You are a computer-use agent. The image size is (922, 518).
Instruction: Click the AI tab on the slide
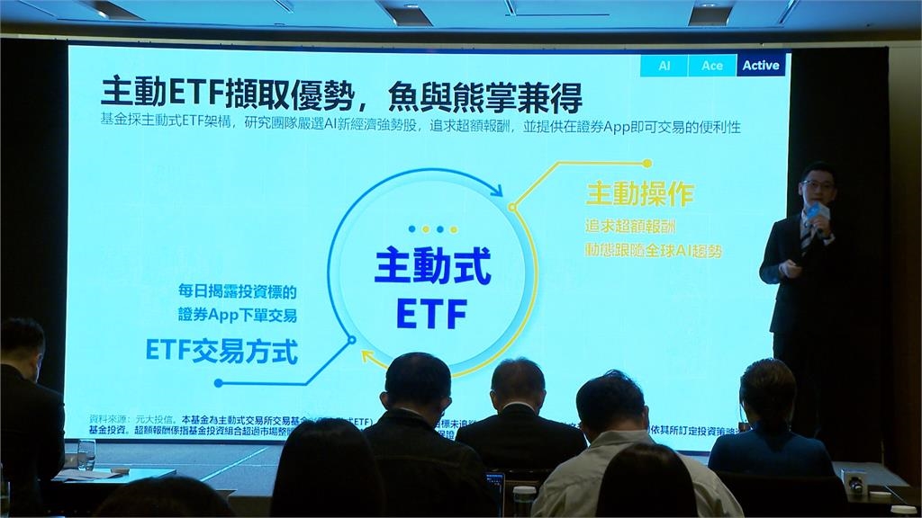coord(664,66)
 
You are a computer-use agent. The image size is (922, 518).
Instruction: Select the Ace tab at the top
coord(712,66)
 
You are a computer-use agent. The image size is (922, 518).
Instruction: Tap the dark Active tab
coord(761,66)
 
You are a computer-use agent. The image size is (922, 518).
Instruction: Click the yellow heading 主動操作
coord(640,194)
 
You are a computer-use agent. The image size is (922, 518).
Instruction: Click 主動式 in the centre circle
coord(433,268)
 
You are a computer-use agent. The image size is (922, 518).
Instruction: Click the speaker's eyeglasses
coord(819,185)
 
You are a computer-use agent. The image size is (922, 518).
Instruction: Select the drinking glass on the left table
coord(86,454)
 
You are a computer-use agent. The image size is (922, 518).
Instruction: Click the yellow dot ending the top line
coord(646,164)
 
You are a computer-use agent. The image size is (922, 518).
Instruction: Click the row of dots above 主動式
coord(432,229)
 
